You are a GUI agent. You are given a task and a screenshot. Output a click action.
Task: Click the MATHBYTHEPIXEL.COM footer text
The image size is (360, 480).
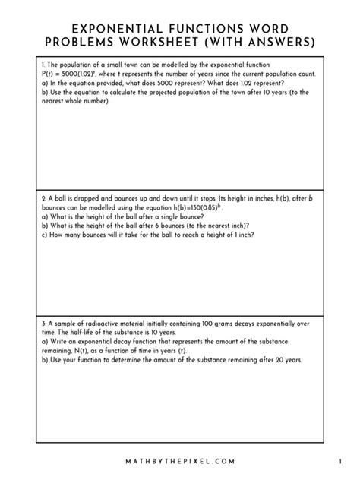(179, 461)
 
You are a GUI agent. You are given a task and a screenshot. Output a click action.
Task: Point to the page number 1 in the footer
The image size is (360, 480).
(340, 461)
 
